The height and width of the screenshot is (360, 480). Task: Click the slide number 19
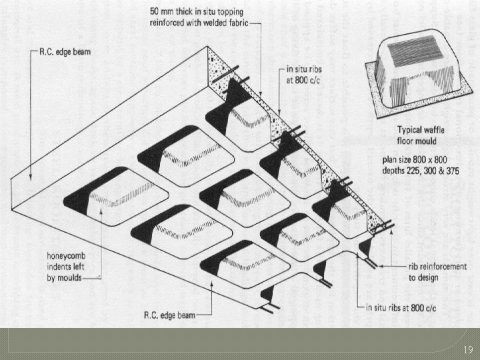(x=467, y=349)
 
